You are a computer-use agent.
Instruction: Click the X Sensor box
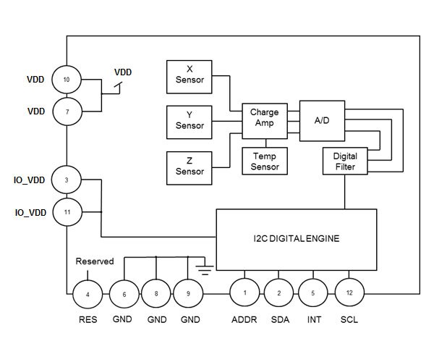click(190, 76)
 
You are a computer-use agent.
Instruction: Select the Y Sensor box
click(190, 121)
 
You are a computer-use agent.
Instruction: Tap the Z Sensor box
click(190, 166)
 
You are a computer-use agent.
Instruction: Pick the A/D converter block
click(322, 119)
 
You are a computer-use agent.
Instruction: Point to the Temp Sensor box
click(264, 161)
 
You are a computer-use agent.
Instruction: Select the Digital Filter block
click(345, 161)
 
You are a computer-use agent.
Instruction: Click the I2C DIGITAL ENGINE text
click(297, 237)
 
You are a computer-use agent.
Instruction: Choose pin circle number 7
click(67, 112)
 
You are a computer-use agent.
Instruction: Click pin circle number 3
click(67, 179)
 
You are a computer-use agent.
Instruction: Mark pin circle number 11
click(67, 212)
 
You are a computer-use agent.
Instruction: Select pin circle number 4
click(88, 295)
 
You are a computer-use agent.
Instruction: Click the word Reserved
click(95, 261)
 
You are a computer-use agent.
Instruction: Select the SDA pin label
click(279, 319)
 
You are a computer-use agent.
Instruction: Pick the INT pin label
click(314, 319)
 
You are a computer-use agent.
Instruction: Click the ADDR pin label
click(244, 319)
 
